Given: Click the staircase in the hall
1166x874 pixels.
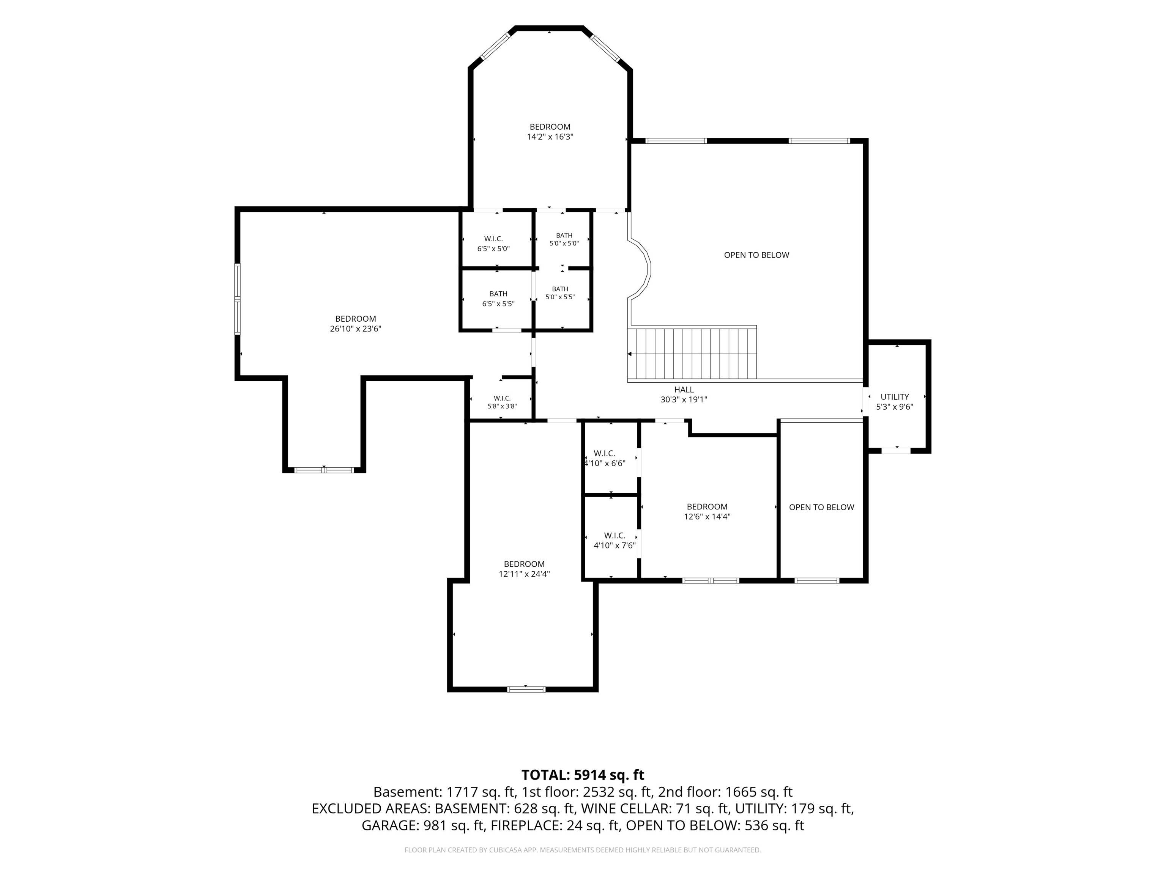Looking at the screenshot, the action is pos(692,352).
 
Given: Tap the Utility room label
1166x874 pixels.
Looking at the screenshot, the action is pos(895,397).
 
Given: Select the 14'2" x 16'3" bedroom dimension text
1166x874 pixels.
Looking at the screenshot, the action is pos(550,137).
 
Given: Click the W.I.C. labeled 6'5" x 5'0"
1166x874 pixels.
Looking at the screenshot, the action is pos(493,244).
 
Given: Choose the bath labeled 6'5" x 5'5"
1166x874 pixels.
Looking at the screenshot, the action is pos(498,299).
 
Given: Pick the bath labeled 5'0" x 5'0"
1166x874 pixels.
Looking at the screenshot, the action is pos(564,240).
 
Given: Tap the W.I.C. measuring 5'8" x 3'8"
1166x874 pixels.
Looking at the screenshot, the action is pos(502,402).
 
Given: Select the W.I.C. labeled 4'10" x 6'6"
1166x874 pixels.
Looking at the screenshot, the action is pos(605,458).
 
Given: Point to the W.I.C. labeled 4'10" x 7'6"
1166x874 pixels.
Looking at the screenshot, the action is pos(615,541).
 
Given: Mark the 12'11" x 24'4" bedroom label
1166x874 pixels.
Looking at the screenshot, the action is pos(524,569).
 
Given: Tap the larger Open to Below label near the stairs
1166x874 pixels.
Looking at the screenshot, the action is pos(756,255).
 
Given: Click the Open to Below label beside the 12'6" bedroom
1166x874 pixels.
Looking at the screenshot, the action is pos(821,507).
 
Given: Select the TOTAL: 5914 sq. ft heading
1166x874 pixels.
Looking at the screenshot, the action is pos(583,775).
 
